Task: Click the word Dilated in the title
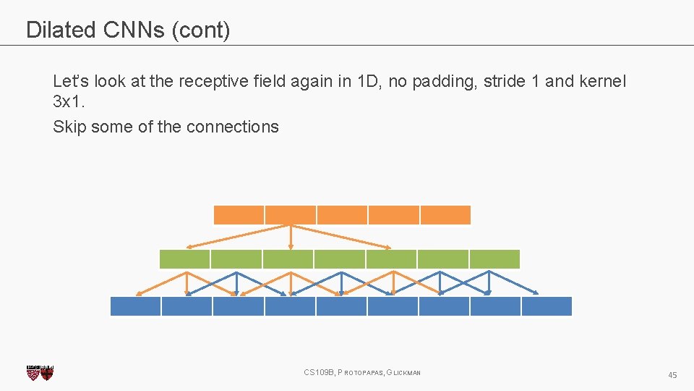pos(61,30)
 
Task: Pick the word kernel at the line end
pos(602,81)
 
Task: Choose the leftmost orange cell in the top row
pos(239,215)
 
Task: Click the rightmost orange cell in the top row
pos(445,215)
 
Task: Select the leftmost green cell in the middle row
pos(184,259)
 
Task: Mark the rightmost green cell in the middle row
pos(494,259)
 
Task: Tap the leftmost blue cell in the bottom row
pos(135,306)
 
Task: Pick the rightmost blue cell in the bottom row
pos(547,306)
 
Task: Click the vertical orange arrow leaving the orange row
pos(291,237)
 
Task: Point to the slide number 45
pos(672,375)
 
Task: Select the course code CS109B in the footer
pos(319,373)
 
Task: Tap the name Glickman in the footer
pos(406,373)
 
